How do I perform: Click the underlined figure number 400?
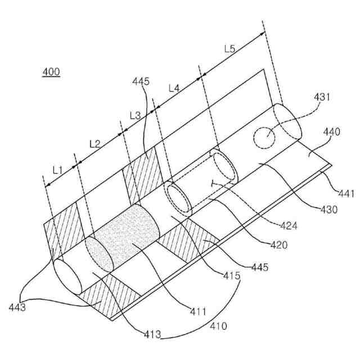pyautogui.click(x=51, y=72)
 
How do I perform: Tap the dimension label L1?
pyautogui.click(x=57, y=168)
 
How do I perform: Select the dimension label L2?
pyautogui.click(x=95, y=143)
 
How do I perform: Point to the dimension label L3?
pyautogui.click(x=135, y=115)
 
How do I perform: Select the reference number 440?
pyautogui.click(x=332, y=132)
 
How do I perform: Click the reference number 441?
pyautogui.click(x=346, y=194)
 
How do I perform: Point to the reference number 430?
pyautogui.click(x=328, y=210)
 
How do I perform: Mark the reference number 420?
pyautogui.click(x=278, y=245)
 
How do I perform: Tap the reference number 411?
pyautogui.click(x=199, y=310)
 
